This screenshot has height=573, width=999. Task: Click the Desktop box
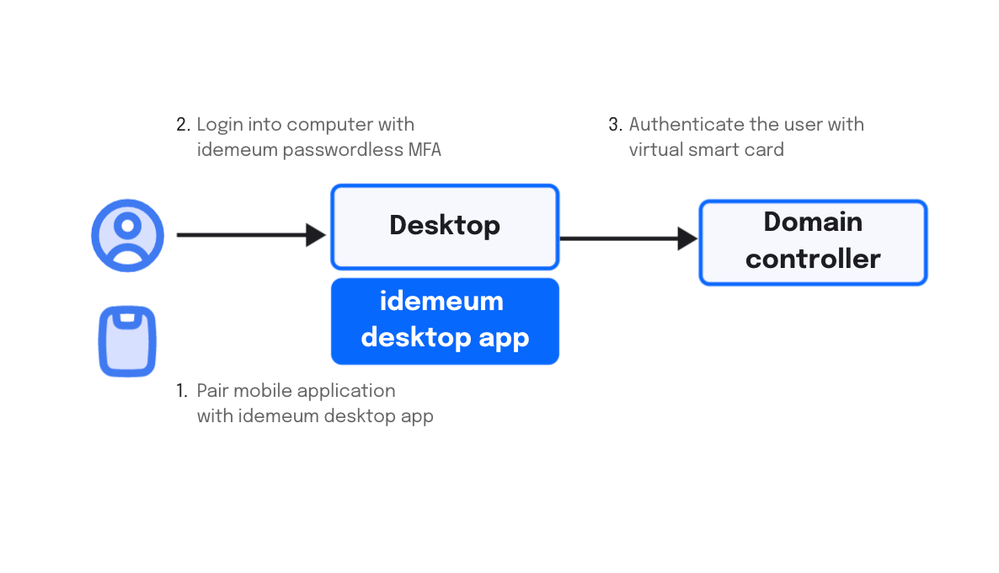tap(445, 227)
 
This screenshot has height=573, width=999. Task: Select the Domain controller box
tap(813, 242)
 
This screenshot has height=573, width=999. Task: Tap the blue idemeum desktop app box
tap(445, 321)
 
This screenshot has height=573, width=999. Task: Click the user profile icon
tap(127, 235)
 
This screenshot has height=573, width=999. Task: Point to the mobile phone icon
tap(127, 341)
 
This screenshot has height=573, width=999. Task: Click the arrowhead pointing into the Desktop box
tap(316, 234)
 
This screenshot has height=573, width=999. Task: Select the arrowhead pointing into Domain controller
tap(687, 238)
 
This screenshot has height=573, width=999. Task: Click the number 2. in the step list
tap(183, 124)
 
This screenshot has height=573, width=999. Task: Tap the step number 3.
tap(615, 124)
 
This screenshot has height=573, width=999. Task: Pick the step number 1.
tap(182, 391)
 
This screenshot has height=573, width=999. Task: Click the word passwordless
tap(343, 150)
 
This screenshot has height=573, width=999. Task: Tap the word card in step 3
tap(765, 150)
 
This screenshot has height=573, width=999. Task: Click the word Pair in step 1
tap(212, 391)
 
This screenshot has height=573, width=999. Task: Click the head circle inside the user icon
tap(127, 225)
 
